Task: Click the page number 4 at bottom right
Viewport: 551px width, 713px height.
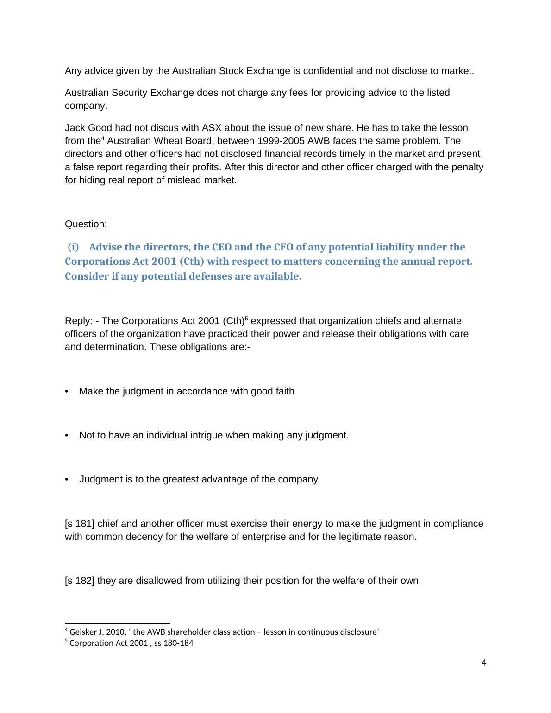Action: [484, 663]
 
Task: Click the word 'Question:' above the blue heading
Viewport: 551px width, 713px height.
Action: [86, 225]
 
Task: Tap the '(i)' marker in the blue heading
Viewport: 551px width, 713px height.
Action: [74, 247]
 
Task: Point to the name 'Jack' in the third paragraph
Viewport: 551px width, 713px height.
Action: [74, 128]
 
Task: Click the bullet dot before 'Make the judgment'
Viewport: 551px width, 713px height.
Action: [68, 392]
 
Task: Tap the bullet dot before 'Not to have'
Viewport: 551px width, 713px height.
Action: [68, 436]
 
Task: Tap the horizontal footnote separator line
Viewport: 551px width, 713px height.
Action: [118, 624]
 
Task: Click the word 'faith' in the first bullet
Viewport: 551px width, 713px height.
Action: [283, 392]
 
